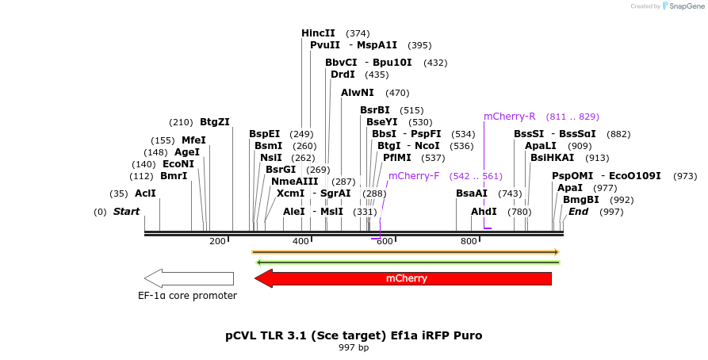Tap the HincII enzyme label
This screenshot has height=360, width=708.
pos(318,33)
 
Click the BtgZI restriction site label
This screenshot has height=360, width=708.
pos(214,122)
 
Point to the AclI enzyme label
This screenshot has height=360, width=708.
pos(145,193)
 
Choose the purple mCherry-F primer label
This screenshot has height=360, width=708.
pos(414,176)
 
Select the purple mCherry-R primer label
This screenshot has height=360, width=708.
pos(510,117)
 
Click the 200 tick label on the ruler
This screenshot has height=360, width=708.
pos(217,241)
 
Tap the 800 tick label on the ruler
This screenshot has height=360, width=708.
pos(468,241)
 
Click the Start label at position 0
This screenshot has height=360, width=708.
pos(126,212)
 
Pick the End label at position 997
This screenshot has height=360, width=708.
pos(578,212)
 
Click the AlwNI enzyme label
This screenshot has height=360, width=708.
pos(358,93)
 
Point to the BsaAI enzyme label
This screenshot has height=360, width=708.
pos(472,193)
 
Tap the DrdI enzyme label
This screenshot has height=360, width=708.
pos(343,75)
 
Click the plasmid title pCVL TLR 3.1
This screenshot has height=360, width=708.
pos(354,335)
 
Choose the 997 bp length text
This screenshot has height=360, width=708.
pos(354,347)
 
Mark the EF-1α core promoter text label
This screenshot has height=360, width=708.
pos(187,296)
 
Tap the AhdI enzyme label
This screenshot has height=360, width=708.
pos(484,212)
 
